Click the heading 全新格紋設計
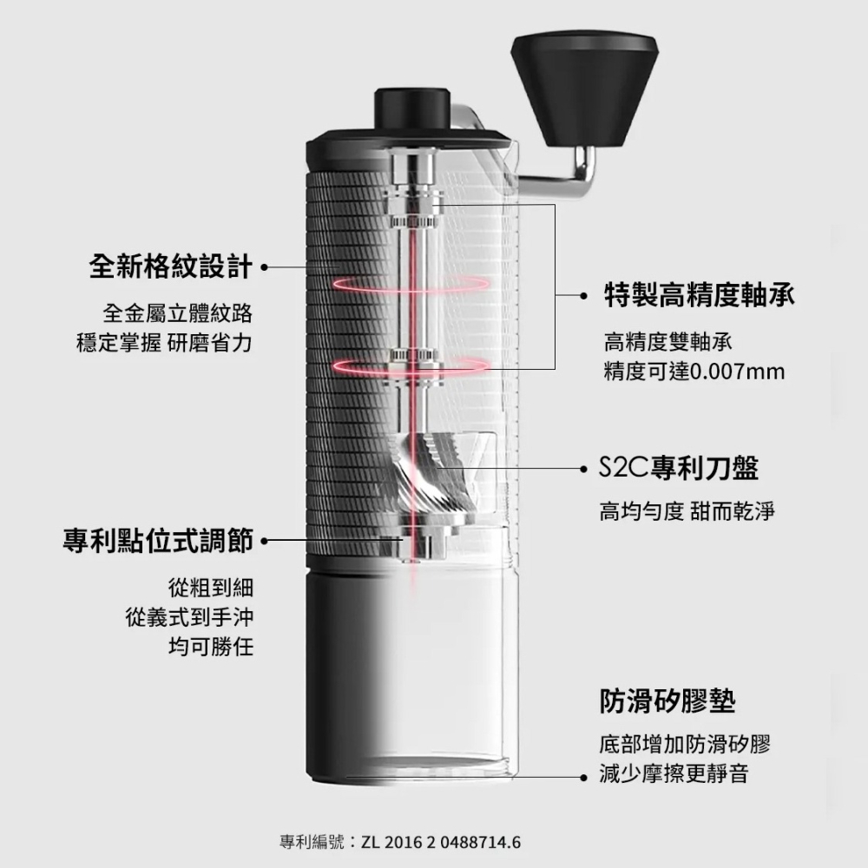coord(171,266)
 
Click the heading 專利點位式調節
coord(158,542)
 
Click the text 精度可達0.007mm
coord(694,372)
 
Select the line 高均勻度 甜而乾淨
coord(686,512)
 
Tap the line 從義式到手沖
coord(188,617)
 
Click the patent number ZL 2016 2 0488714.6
coord(442,842)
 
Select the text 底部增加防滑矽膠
coord(684,745)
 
